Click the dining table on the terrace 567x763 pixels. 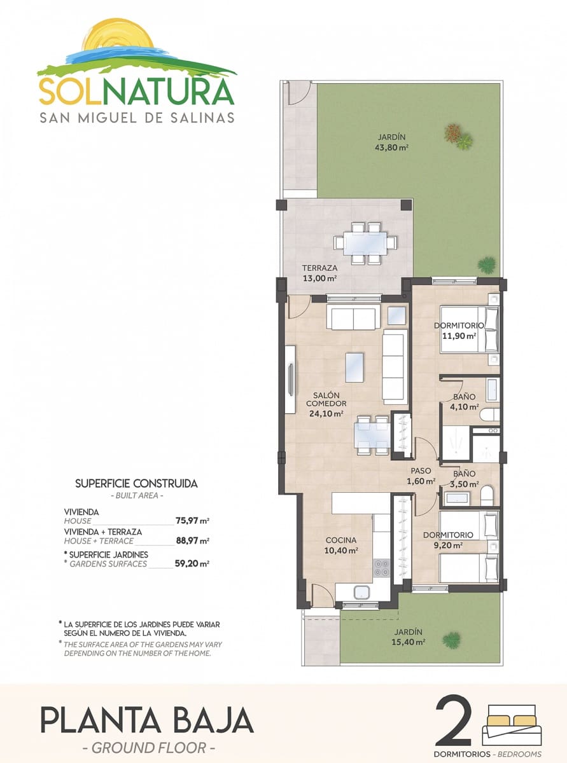(365, 243)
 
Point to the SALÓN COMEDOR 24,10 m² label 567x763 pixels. (326, 404)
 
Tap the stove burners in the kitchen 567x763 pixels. (381, 567)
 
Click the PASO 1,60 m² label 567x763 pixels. (421, 476)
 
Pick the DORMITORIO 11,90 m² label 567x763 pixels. (459, 330)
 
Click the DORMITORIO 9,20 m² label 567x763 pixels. (448, 539)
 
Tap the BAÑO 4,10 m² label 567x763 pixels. (464, 402)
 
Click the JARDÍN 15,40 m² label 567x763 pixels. (408, 636)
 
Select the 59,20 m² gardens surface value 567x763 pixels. (192, 563)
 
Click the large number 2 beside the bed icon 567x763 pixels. (454, 720)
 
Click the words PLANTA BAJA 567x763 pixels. (147, 720)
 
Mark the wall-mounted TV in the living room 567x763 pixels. (290, 380)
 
